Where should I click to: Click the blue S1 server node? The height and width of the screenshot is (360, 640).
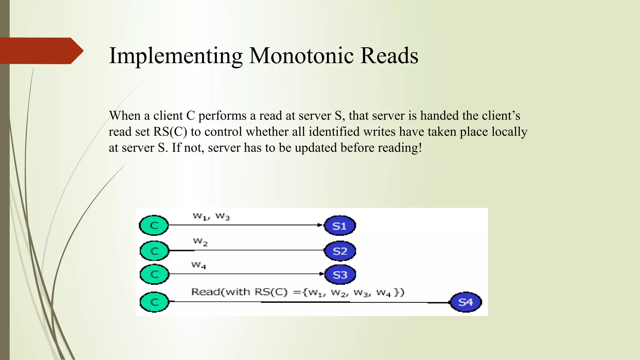pos(340,226)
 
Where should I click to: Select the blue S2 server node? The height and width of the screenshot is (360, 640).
pos(340,251)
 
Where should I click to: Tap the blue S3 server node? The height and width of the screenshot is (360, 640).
pos(340,275)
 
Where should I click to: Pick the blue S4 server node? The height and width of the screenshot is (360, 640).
pos(466,302)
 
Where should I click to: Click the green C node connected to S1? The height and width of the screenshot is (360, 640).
pos(154,225)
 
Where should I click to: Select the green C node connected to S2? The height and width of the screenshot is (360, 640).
pos(154,251)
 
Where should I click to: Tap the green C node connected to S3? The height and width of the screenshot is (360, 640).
pos(154,274)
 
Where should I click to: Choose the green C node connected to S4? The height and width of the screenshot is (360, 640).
pos(154,302)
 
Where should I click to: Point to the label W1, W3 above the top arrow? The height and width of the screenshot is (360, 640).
pos(211,216)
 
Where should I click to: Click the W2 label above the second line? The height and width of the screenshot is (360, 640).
pos(200,242)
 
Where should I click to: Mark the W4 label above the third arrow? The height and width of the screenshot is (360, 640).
pos(199,266)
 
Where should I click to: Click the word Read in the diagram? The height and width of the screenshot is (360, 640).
pos(205,292)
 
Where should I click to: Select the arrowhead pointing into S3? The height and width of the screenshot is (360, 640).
pos(322,274)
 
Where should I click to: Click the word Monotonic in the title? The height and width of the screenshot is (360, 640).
pos(302,56)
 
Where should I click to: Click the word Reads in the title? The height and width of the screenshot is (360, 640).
pos(389,56)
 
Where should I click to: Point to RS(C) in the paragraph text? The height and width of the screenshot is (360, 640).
pos(170,132)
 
